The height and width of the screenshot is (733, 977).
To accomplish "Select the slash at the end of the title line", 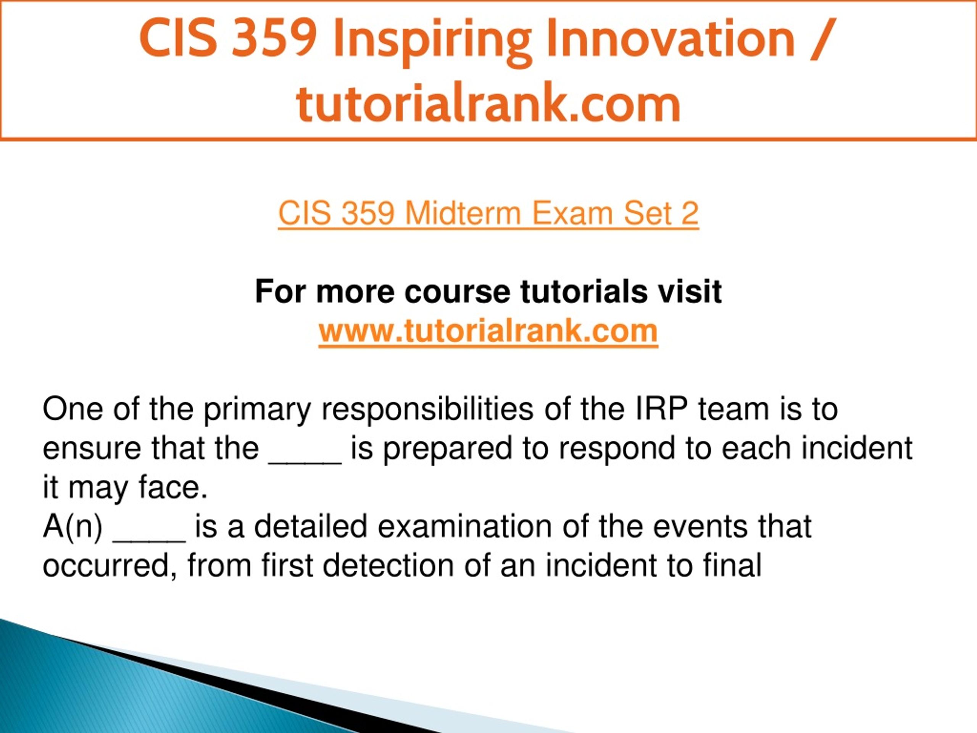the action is pos(823,40).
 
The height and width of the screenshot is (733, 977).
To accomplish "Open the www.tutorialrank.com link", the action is pos(488,331).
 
